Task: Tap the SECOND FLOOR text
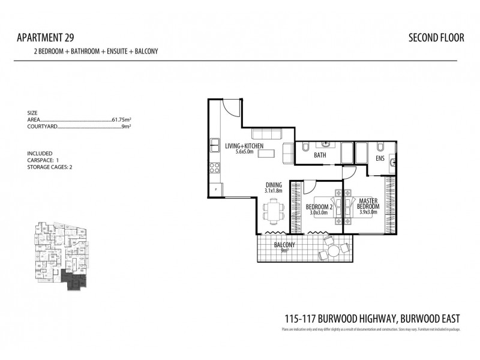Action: coord(436,38)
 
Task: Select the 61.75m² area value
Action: coord(122,120)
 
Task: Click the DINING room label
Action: coord(274,185)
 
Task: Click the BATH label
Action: coord(320,155)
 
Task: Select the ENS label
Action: coord(380,158)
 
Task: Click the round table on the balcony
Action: coord(329,246)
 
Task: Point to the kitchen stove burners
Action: coord(214,169)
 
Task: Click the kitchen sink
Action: coord(214,145)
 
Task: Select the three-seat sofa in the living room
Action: coord(263,133)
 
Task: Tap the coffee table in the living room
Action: coord(266,152)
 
